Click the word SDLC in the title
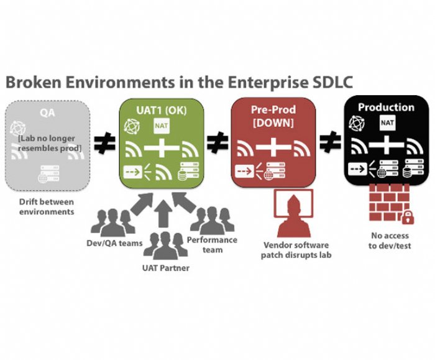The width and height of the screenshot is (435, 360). pyautogui.click(x=332, y=82)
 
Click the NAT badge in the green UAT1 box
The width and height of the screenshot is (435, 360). pyautogui.click(x=162, y=126)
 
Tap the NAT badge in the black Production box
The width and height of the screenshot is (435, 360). pyautogui.click(x=387, y=122)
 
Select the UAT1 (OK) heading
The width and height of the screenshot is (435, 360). pyautogui.click(x=162, y=110)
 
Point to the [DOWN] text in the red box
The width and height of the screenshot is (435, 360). pyautogui.click(x=273, y=122)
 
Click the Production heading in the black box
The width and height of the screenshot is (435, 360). pyautogui.click(x=386, y=107)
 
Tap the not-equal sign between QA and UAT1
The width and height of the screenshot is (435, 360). pyautogui.click(x=104, y=143)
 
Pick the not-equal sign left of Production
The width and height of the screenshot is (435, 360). pyautogui.click(x=330, y=142)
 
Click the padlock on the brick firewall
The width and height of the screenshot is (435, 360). pyautogui.click(x=408, y=217)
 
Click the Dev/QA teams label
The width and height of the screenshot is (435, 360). pyautogui.click(x=114, y=243)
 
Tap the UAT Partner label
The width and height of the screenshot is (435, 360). pyautogui.click(x=166, y=268)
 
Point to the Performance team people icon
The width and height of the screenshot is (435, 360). pyautogui.click(x=213, y=221)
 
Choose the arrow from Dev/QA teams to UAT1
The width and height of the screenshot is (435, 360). pyautogui.click(x=142, y=204)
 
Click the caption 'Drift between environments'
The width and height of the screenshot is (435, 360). pyautogui.click(x=47, y=207)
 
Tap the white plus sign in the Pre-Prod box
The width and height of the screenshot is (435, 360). pyautogui.click(x=273, y=147)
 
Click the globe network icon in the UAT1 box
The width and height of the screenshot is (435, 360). pyautogui.click(x=132, y=126)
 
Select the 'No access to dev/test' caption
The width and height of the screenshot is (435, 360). pyautogui.click(x=390, y=241)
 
